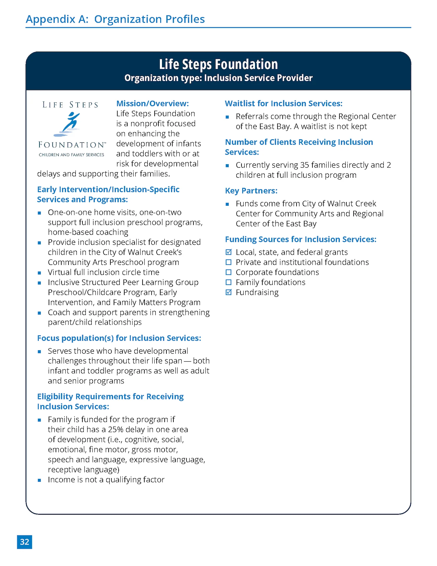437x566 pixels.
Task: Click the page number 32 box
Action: [24, 542]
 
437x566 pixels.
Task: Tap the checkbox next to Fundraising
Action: [229, 292]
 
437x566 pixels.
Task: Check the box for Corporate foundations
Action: [229, 272]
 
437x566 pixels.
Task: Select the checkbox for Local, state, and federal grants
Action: [229, 252]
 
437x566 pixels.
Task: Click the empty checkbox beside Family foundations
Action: [229, 282]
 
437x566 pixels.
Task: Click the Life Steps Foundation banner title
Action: [218, 64]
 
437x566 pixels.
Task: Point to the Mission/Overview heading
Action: [153, 103]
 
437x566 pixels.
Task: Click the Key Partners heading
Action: [251, 191]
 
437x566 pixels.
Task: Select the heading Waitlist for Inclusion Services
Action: [284, 103]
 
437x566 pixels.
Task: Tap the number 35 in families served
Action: [304, 165]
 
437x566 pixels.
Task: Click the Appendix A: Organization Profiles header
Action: [115, 19]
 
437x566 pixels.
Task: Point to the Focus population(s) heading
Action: [119, 338]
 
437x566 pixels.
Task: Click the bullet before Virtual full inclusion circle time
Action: [39, 273]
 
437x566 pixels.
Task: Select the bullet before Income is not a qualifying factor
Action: [39, 480]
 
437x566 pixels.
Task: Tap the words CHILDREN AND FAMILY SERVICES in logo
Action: [71, 155]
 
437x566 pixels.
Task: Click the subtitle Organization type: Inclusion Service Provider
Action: [218, 78]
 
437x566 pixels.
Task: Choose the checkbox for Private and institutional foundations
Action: [229, 262]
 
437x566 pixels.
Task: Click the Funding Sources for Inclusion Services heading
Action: [301, 239]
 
